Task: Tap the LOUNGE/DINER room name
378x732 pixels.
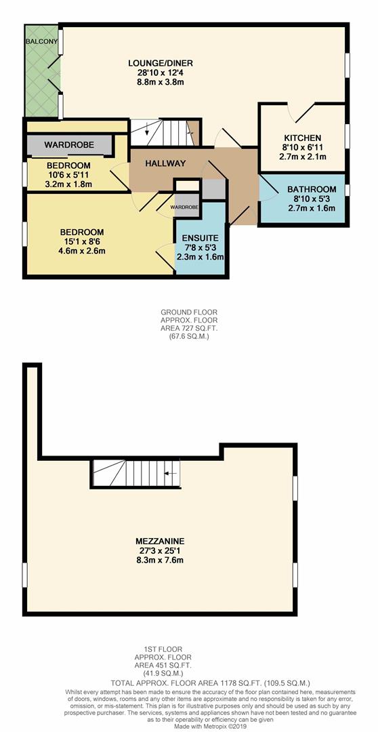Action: [x=156, y=63]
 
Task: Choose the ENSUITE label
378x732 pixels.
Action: [x=200, y=238]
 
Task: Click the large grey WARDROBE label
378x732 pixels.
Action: [x=68, y=145]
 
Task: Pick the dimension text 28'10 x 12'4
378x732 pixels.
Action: [x=156, y=73]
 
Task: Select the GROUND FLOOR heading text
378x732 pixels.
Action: [x=189, y=312]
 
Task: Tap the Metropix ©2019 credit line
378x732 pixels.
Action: [x=189, y=726]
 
